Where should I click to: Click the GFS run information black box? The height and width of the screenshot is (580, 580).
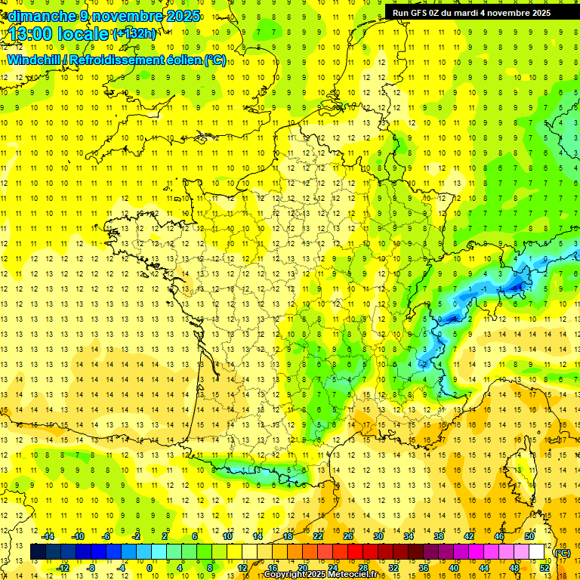(x=471, y=13)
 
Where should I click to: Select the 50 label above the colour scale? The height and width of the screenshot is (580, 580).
(x=530, y=536)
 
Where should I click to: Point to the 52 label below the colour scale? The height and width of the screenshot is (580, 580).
(x=545, y=568)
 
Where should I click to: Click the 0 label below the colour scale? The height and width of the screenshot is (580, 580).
(x=150, y=568)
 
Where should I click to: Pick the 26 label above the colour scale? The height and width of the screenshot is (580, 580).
(x=348, y=536)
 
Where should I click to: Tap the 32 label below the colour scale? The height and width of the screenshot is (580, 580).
(x=393, y=568)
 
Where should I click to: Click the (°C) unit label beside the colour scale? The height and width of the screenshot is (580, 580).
(x=563, y=553)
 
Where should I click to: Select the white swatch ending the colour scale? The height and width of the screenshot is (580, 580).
(x=537, y=552)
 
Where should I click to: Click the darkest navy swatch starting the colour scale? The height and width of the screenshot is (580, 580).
(x=38, y=552)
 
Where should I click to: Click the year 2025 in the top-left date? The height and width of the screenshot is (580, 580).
(x=183, y=16)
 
